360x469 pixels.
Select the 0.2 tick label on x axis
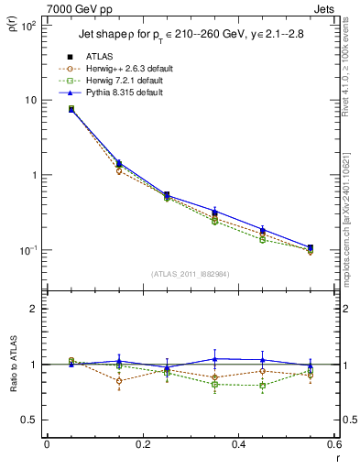point(142,444)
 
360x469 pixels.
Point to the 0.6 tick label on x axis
point(332,444)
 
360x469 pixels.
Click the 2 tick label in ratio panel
point(34,309)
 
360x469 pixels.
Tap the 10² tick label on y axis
point(28,25)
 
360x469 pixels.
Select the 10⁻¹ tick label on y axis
point(27,250)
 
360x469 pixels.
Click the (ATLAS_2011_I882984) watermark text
point(191,273)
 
